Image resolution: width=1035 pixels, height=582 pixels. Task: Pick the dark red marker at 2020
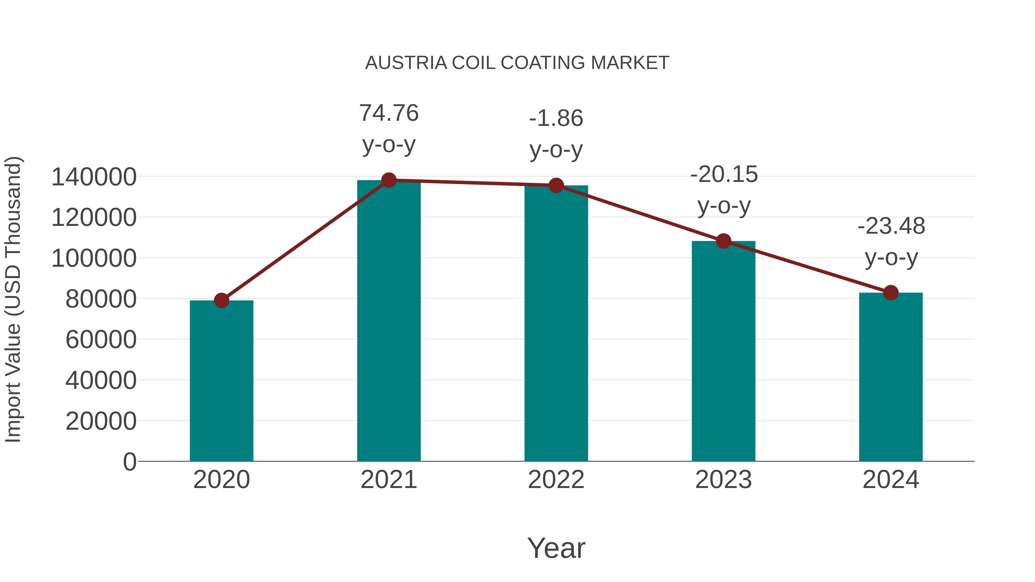tap(221, 300)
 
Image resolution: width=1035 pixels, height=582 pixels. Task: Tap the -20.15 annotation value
tap(724, 174)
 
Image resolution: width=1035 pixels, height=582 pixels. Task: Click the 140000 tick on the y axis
tap(94, 177)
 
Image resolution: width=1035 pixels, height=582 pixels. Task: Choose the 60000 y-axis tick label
tap(101, 339)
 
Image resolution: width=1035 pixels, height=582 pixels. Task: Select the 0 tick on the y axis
tap(129, 462)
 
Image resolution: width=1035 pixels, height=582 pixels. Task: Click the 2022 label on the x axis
tap(556, 480)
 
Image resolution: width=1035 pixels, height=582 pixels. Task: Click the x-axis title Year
tap(556, 548)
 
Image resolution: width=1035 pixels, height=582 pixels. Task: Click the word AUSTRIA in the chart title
tap(406, 63)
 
